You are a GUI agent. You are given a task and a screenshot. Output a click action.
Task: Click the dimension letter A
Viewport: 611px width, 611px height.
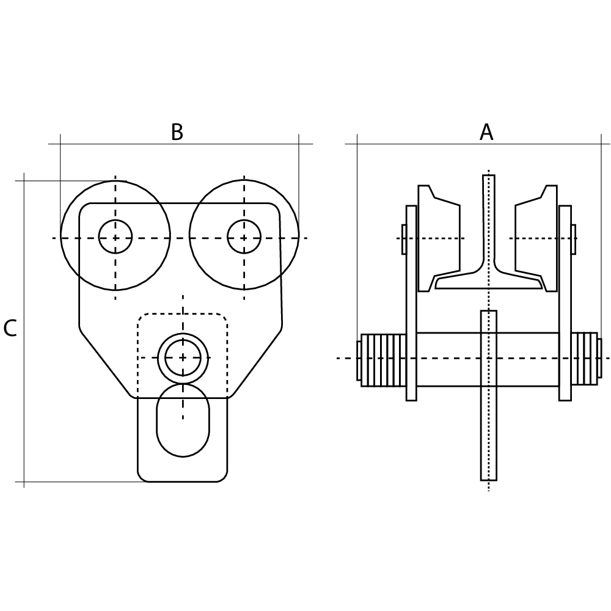point(486,132)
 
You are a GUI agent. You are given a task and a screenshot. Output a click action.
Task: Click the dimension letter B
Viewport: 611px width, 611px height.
point(177,132)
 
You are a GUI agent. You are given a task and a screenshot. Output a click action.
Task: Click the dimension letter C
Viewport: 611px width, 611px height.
point(10,329)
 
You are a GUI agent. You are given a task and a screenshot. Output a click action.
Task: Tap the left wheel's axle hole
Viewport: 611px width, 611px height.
point(115,236)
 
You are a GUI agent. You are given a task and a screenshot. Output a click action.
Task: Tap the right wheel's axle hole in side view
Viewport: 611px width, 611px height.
point(244,236)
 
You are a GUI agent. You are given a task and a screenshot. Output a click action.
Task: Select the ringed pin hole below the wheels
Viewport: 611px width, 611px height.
point(183,357)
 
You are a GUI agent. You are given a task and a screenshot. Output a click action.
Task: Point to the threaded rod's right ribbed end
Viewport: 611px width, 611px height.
point(584,359)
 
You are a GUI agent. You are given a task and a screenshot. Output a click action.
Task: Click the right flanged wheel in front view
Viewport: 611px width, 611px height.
point(535,238)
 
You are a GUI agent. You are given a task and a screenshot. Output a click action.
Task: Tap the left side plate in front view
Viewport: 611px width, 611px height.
point(411,302)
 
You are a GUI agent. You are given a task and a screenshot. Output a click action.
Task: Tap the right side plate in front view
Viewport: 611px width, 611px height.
point(565,302)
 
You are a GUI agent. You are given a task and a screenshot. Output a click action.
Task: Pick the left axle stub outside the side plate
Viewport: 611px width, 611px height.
point(404,239)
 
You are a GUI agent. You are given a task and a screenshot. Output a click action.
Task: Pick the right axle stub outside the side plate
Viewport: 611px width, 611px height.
point(573,239)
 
